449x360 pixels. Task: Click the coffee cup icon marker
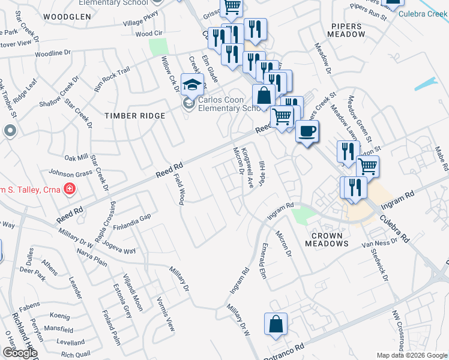[307, 131]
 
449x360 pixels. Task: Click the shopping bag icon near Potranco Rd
[275, 323]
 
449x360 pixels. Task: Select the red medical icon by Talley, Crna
[70, 190]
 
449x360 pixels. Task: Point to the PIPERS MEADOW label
[347, 30]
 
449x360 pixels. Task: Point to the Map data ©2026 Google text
[412, 355]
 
